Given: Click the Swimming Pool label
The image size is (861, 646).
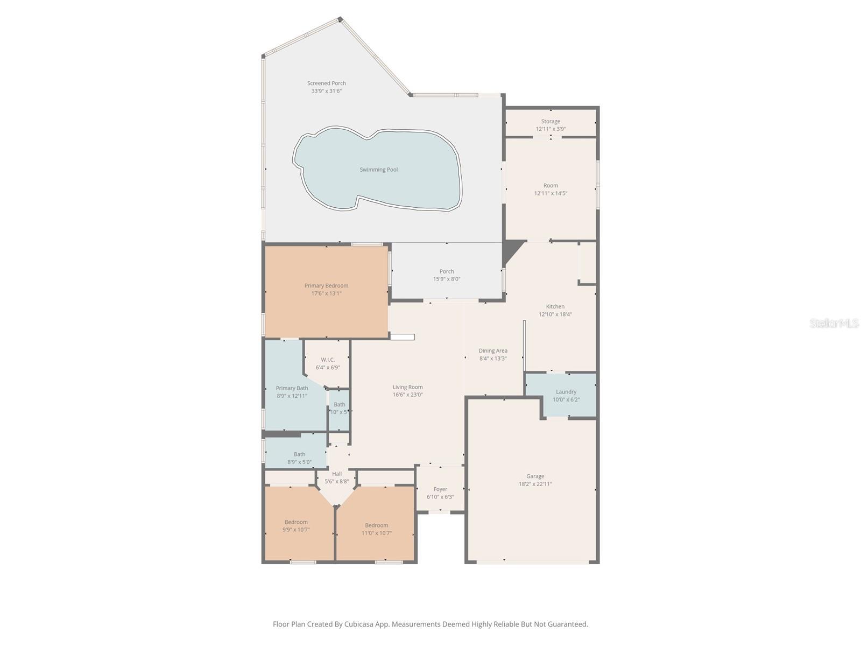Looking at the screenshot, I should (379, 170).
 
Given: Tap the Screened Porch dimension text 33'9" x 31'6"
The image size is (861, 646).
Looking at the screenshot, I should (326, 91).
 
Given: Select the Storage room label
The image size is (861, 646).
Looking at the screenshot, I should (551, 122).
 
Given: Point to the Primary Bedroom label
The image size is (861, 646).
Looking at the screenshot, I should (326, 286).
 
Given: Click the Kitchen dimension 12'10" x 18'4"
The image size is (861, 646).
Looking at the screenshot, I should (555, 314).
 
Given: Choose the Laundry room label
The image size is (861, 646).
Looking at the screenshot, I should (566, 392).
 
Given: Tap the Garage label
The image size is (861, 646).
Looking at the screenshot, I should (535, 476).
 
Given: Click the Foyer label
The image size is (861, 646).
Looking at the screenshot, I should (440, 489).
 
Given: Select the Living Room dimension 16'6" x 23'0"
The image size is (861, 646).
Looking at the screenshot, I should (407, 395).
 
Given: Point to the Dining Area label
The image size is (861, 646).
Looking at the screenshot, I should (493, 351).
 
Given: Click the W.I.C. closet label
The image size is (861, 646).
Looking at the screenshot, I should (328, 360).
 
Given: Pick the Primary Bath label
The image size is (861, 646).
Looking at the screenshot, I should (292, 388).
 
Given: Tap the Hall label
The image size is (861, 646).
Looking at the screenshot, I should (337, 474).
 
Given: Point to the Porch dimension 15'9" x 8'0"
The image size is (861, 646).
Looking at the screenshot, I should (447, 279).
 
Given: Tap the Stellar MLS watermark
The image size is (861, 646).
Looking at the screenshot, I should (834, 323).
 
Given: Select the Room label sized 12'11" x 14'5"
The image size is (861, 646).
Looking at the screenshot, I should (551, 186).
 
